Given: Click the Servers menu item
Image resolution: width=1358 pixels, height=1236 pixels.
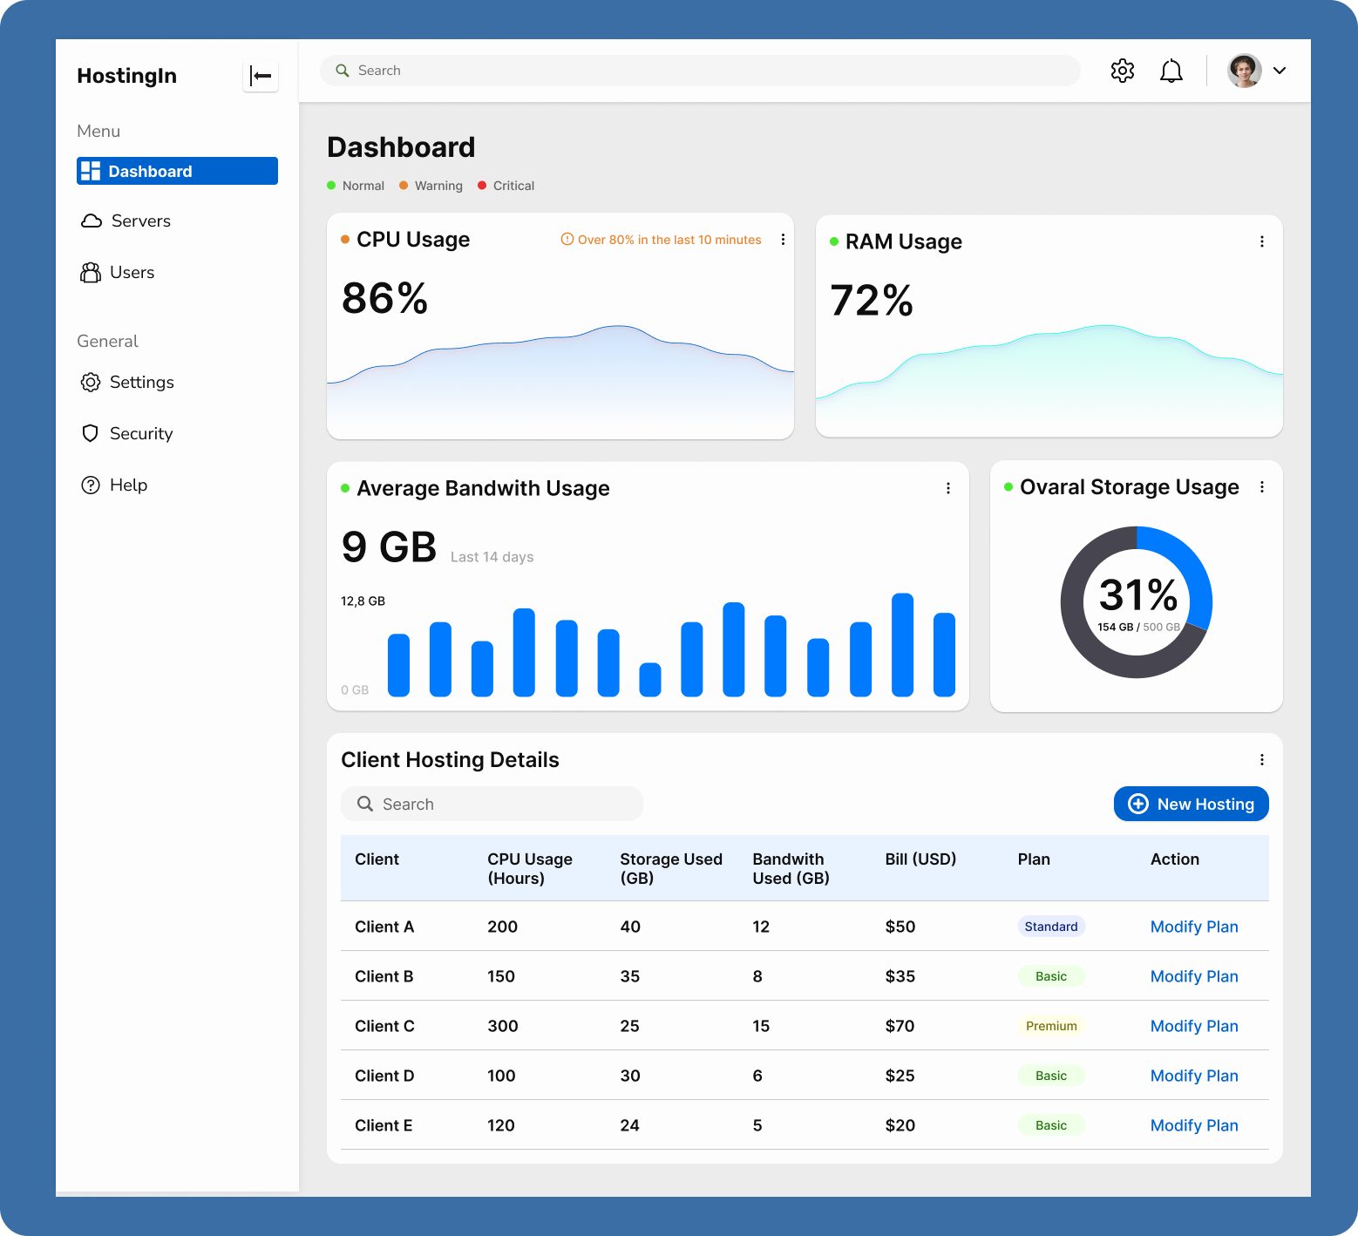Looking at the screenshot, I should pos(139,221).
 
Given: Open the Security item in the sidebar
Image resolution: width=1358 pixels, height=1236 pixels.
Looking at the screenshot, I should pos(140,434).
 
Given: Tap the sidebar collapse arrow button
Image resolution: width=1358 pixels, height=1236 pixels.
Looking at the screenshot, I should pos(260,76).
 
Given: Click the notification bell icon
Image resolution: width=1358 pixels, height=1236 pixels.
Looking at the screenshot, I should pos(1171,71).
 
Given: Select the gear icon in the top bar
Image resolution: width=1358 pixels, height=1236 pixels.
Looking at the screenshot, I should pos(1122,71).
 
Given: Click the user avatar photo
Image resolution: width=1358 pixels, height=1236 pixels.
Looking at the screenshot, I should pos(1244,71).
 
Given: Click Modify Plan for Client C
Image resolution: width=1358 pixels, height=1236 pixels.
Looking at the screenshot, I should pos(1193,1026).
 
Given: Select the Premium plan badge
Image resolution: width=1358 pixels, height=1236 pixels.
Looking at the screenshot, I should pos(1050,1026).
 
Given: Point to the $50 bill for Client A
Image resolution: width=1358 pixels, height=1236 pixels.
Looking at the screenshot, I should pos(900,927).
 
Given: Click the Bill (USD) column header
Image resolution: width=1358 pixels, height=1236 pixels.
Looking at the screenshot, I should pos(920,859).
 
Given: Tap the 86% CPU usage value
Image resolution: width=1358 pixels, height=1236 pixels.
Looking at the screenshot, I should pos(384,298).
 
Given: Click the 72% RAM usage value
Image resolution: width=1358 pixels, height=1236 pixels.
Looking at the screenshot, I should pos(872,301).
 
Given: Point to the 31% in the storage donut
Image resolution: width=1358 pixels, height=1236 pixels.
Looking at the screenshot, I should pos(1137,595).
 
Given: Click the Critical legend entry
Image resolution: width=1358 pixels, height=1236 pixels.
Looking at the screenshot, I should pos(513,186).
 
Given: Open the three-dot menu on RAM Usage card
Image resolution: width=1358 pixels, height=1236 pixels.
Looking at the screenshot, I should pos(1261,241).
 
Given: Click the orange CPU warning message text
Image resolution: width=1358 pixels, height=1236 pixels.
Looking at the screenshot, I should pos(669,240).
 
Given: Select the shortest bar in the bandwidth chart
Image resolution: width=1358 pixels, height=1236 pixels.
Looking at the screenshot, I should pos(650,680).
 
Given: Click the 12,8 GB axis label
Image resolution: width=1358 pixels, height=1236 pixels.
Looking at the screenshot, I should pos(363,601).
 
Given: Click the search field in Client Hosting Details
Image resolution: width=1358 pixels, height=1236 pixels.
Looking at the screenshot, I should pos(492,804).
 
